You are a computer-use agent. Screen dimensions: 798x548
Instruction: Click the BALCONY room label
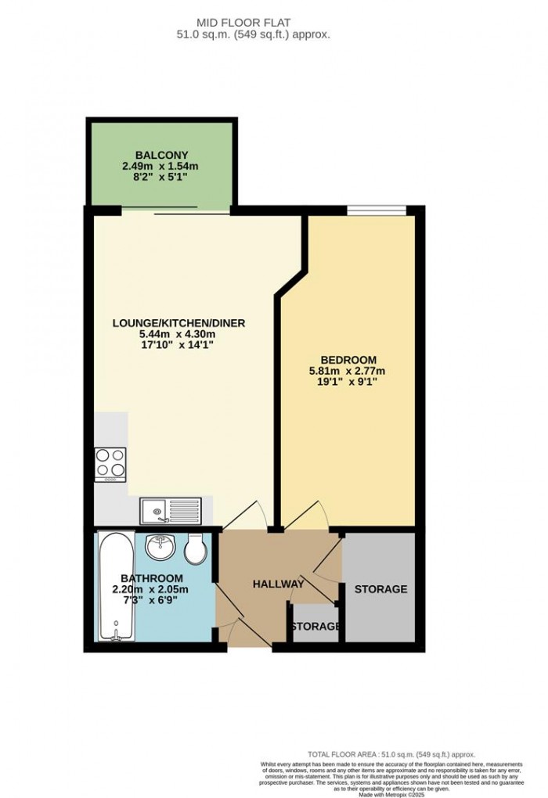(160, 154)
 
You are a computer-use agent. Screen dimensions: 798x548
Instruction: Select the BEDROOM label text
(348, 359)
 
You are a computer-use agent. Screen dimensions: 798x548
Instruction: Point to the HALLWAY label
(278, 584)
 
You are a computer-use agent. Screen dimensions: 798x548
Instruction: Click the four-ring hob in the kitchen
(110, 463)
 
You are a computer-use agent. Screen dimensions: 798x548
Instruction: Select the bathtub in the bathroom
(115, 586)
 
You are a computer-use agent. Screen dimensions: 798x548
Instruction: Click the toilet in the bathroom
(196, 549)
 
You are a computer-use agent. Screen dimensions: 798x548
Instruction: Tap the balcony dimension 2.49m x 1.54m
(160, 166)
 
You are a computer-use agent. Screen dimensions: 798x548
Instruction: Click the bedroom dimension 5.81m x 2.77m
(348, 371)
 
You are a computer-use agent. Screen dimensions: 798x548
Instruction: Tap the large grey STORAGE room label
(380, 589)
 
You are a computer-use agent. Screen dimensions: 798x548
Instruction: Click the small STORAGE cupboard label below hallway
(315, 627)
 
